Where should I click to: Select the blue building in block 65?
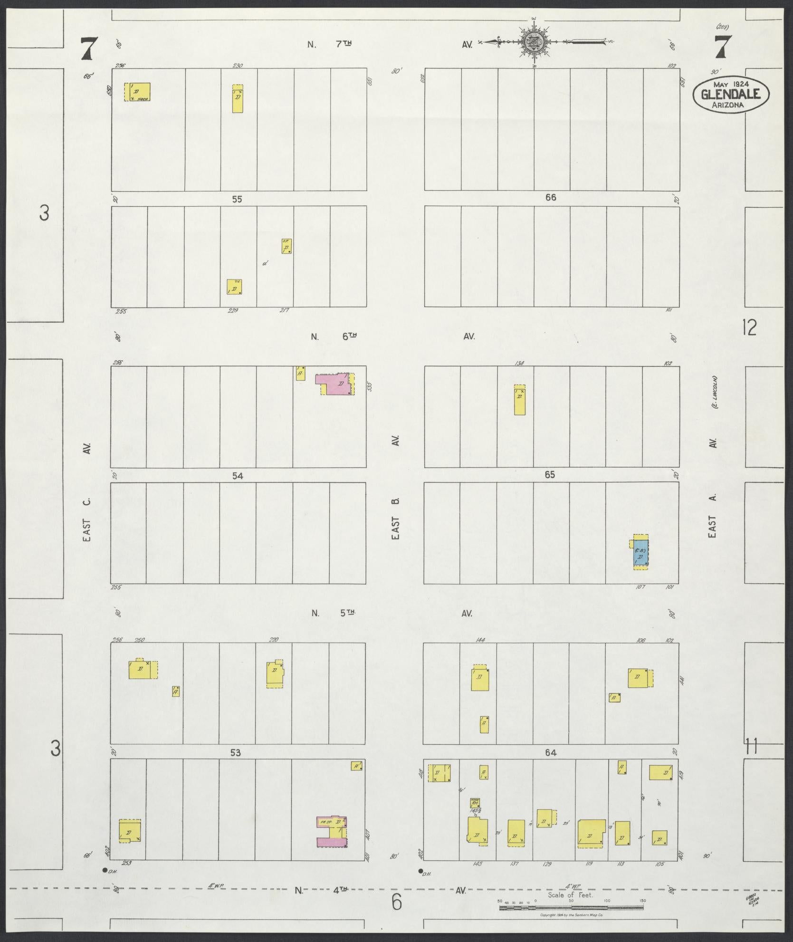click(640, 553)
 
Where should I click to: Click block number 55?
click(237, 199)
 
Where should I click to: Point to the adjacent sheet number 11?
click(751, 748)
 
